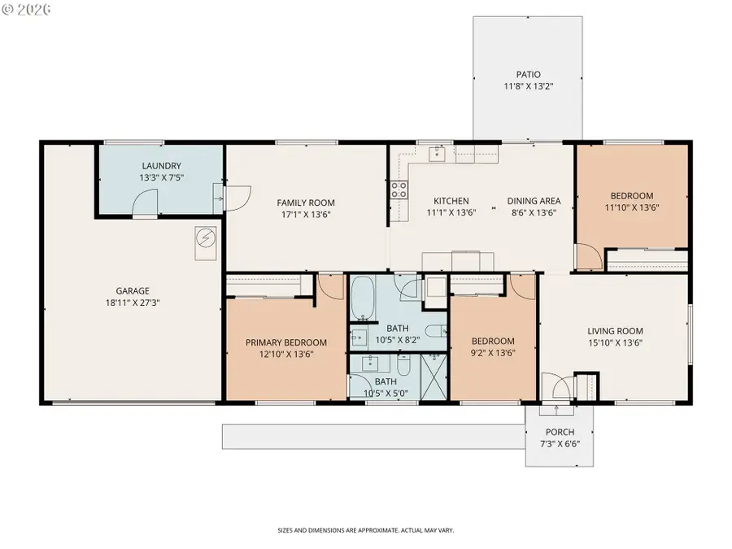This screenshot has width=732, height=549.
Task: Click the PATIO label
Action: point(528,74)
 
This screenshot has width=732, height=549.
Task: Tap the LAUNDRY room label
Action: point(161,166)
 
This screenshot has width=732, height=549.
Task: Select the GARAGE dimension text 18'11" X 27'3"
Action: point(133,303)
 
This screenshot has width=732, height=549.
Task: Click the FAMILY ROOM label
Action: point(306,203)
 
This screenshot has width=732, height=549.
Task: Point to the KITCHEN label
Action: point(451,201)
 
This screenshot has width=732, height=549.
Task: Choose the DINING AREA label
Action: point(534,201)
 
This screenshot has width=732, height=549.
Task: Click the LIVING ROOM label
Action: point(615,331)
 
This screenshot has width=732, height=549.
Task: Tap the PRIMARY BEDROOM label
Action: point(285,342)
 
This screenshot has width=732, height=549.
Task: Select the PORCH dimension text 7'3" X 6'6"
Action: point(560,443)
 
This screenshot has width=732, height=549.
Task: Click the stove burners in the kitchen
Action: point(399,190)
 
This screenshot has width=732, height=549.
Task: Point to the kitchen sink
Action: point(437,153)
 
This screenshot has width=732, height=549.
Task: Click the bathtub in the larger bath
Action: point(363,298)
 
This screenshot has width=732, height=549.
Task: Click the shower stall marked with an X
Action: point(434,377)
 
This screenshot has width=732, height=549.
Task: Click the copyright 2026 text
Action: point(26,9)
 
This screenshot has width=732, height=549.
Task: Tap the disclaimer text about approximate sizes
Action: point(365,530)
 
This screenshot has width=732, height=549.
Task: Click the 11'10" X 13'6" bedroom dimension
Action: point(632,207)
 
